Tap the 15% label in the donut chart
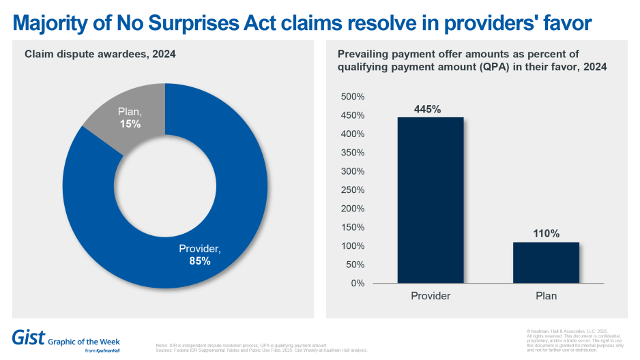coord(131,124)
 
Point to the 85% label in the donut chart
coord(199,260)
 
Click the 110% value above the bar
coord(546,234)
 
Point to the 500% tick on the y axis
coord(353,97)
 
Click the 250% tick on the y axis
coord(353,190)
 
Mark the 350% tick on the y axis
coord(353,153)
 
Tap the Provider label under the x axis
coord(430,296)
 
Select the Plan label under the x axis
coord(546,296)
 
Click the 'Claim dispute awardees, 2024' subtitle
coord(100,54)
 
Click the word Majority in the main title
coord(52,23)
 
